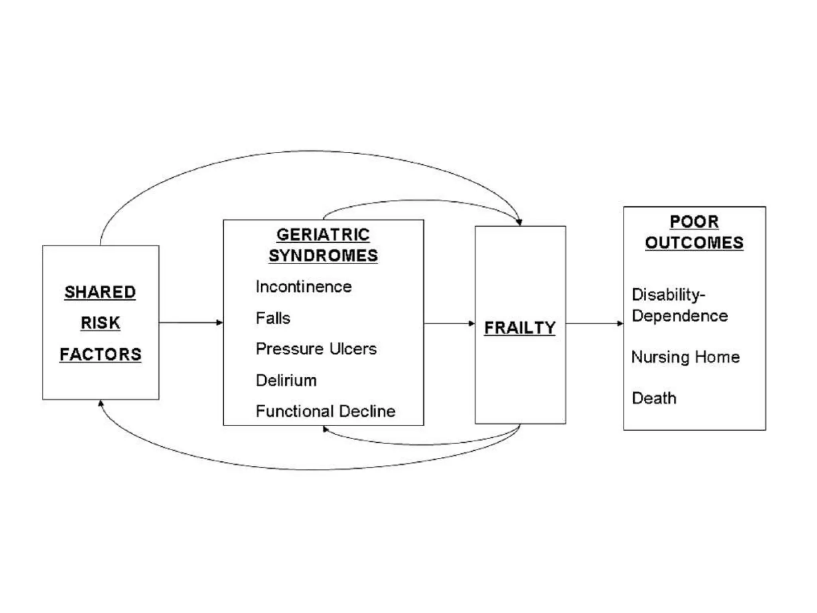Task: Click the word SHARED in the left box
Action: pos(100,292)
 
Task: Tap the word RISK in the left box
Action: pos(100,323)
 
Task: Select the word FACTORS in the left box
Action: pos(100,354)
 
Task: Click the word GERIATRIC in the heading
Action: pos(323,235)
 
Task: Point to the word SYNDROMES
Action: pos(323,256)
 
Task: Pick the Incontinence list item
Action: pos(304,287)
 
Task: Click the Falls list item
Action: pos(273,318)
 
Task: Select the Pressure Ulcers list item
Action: pos(316,349)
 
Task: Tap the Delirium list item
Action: pos(286,380)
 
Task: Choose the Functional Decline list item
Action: pos(326,411)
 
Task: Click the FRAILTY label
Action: pos(520,328)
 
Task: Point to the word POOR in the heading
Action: pos(694,222)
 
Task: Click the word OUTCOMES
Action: pos(694,243)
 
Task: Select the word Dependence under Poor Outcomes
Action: pos(680,316)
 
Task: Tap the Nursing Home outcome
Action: pos(685,357)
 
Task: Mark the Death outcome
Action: pos(654,398)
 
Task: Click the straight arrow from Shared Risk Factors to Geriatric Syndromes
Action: pos(191,322)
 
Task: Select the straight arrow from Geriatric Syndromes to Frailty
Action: pos(449,323)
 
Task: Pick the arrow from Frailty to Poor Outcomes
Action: pos(594,323)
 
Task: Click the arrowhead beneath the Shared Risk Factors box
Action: pos(101,404)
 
